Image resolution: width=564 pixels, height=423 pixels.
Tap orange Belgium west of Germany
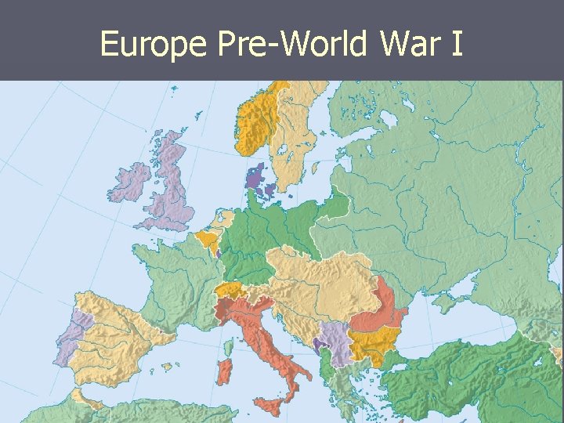208,239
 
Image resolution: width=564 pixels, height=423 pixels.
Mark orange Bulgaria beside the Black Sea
376,342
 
